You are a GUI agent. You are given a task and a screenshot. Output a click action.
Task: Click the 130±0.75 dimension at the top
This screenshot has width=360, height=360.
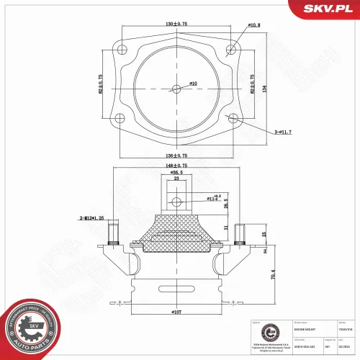pyautogui.click(x=176, y=24)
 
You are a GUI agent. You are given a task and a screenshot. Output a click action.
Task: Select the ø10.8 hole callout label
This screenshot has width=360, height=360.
pyautogui.click(x=254, y=26)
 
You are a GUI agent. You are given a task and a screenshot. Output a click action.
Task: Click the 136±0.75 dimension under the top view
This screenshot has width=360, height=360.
pyautogui.click(x=176, y=156)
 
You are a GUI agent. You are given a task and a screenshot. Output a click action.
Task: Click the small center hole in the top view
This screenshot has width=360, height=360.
pyautogui.click(x=177, y=89)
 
